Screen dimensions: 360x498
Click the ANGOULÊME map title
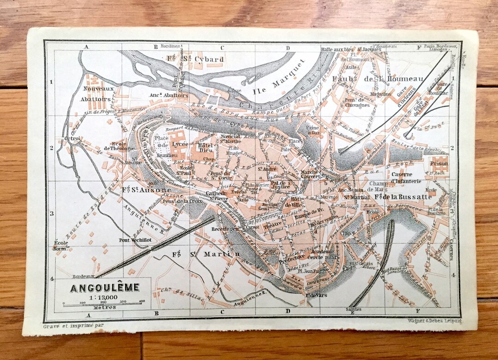tap(105, 288)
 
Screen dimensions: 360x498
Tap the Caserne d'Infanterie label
tap(405, 177)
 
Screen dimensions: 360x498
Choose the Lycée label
tap(180, 144)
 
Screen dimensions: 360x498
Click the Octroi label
tap(73, 138)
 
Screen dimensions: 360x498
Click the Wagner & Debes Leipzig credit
tap(434, 320)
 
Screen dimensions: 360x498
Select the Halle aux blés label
tap(338, 49)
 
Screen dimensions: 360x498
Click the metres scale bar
tap(103, 304)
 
